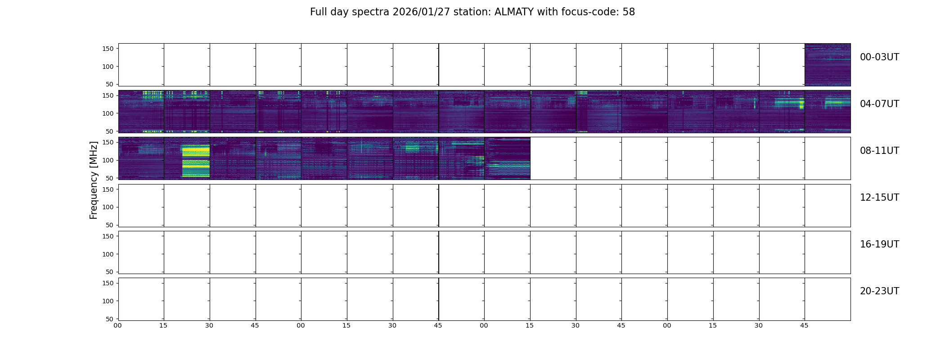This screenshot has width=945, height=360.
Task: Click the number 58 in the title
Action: coord(629,12)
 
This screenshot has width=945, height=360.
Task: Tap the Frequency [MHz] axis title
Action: coord(94,180)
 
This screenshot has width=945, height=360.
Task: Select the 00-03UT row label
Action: coord(879,57)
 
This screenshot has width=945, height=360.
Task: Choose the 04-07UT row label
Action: coord(879,104)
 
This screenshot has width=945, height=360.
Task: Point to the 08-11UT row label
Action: coord(879,151)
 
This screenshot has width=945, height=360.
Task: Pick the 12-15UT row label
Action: coord(879,198)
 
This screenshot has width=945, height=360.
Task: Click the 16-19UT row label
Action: coord(879,244)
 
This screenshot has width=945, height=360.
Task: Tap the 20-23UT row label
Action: coord(879,291)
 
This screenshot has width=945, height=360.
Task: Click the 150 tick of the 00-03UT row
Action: coord(108,49)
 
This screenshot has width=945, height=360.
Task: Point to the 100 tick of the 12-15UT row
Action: coord(108,207)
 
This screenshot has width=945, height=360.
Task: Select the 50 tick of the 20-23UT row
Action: coord(110,319)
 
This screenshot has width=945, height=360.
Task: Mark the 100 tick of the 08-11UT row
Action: coord(108,160)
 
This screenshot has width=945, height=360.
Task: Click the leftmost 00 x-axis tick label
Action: coord(118,325)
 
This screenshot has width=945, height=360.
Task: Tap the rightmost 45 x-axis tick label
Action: coord(804,325)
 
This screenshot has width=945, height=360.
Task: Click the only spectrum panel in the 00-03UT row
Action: coord(828,65)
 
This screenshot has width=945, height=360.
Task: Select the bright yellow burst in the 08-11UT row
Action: coord(196,161)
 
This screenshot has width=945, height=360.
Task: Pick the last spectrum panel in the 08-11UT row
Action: coord(507,158)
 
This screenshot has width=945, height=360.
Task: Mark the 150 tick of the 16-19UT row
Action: coord(108,236)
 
